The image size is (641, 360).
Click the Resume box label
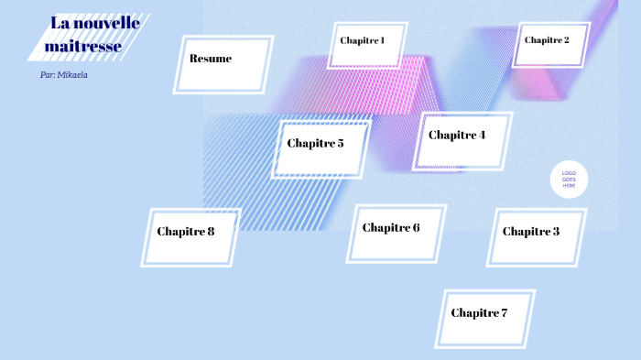211,59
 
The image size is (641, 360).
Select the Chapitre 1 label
363,40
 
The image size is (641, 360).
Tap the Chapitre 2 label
547,40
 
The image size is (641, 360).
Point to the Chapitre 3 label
531,232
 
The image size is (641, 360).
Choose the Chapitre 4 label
457,136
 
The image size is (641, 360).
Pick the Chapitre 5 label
315,143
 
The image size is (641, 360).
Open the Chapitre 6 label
391,228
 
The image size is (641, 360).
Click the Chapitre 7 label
479,313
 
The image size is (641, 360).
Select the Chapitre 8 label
185,232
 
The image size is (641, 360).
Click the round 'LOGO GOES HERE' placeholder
569,180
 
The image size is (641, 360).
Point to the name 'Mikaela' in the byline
72,75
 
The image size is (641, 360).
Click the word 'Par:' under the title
47,75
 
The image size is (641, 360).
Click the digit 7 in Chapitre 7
504,313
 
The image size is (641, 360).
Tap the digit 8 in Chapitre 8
211,232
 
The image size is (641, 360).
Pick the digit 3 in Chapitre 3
556,232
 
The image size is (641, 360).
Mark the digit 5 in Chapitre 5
340,143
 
